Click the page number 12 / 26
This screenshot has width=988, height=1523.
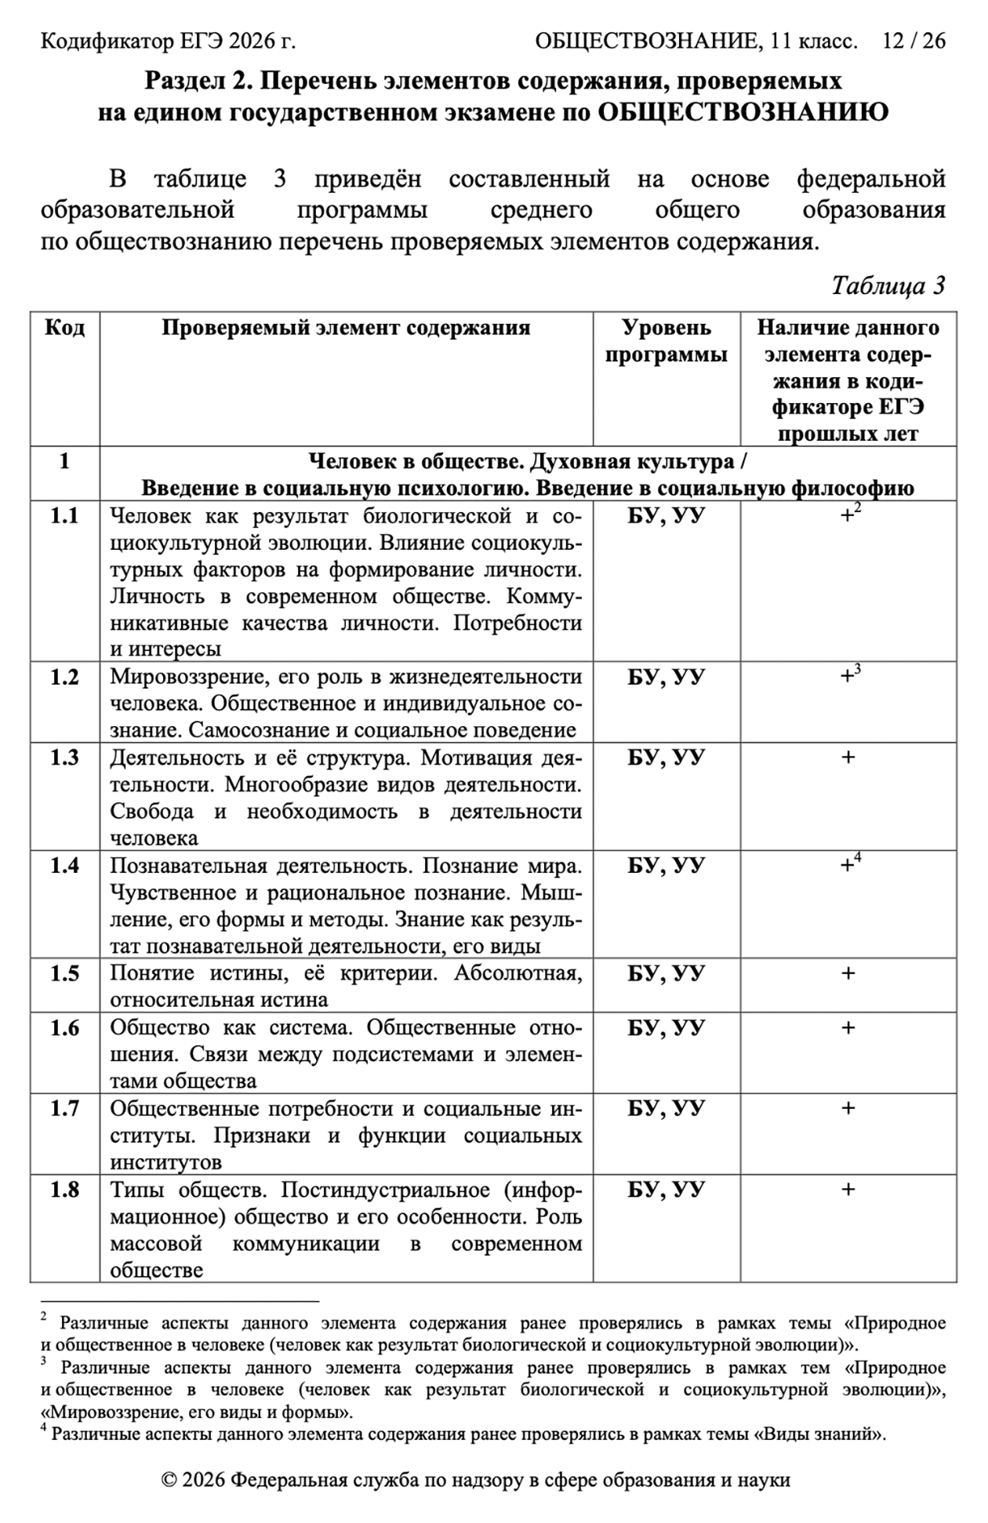pyautogui.click(x=914, y=41)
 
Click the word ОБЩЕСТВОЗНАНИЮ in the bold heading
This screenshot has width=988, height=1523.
pyautogui.click(x=743, y=113)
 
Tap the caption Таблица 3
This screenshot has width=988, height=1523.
pyautogui.click(x=888, y=285)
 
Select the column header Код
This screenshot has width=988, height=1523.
pyautogui.click(x=64, y=328)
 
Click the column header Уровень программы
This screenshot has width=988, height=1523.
pyautogui.click(x=666, y=341)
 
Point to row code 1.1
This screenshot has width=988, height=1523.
pyautogui.click(x=64, y=516)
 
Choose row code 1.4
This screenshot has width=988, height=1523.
pyautogui.click(x=64, y=866)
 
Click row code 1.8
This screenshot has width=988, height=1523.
pyautogui.click(x=64, y=1190)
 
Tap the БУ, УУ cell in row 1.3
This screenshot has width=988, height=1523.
pyautogui.click(x=666, y=758)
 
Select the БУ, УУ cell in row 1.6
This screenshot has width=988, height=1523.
pyautogui.click(x=666, y=1027)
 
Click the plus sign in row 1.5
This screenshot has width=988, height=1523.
pyautogui.click(x=848, y=973)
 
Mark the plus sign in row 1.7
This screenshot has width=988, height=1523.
pyautogui.click(x=848, y=1108)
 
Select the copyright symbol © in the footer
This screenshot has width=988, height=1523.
pyautogui.click(x=169, y=1481)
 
